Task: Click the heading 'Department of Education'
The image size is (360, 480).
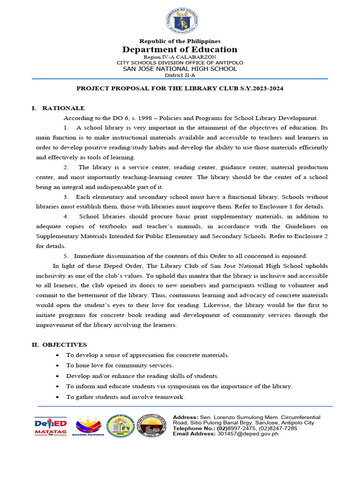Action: click(x=180, y=50)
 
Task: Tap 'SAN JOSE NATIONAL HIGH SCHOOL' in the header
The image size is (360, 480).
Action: click(x=180, y=69)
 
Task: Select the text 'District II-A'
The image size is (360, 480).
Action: click(x=180, y=75)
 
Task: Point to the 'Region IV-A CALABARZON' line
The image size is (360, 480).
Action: click(x=180, y=57)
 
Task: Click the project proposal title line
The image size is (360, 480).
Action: click(x=180, y=88)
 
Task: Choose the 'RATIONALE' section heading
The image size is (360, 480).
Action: click(x=64, y=108)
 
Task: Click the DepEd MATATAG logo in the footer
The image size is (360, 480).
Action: click(x=51, y=426)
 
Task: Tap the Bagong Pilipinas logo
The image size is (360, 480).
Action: click(x=88, y=426)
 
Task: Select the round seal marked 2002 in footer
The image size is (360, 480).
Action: click(x=120, y=426)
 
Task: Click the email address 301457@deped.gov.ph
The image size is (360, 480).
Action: click(x=248, y=434)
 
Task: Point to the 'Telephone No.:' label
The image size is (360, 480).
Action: click(x=194, y=428)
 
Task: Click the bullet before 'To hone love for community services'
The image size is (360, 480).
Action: click(x=57, y=366)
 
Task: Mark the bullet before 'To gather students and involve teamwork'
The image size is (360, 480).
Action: click(x=57, y=397)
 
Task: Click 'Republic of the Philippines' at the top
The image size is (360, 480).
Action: click(x=180, y=41)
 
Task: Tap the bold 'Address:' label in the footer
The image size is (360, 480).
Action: click(x=186, y=417)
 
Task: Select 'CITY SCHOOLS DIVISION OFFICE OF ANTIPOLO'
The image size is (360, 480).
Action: click(x=180, y=63)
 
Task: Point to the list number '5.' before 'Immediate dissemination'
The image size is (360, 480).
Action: click(x=67, y=256)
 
